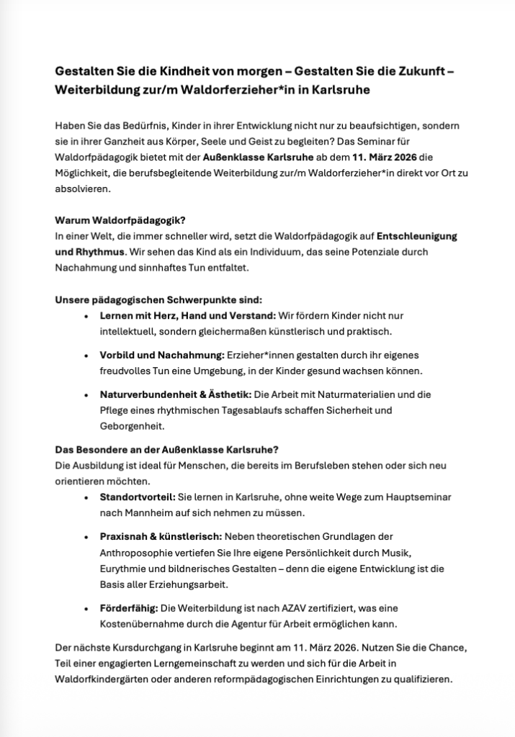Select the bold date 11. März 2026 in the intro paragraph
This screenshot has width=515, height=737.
click(x=389, y=157)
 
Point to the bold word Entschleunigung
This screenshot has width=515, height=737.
click(x=418, y=236)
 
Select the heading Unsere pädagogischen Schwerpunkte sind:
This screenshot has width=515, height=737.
click(x=159, y=299)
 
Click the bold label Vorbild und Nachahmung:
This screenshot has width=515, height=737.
click(x=162, y=355)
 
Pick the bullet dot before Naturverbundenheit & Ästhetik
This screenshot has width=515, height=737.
click(x=87, y=395)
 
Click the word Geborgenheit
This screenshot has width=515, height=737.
click(x=133, y=426)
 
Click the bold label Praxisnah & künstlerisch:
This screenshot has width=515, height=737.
click(x=161, y=537)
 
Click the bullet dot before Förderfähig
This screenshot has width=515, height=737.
click(x=87, y=608)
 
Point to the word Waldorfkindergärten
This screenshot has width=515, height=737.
click(x=112, y=679)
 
